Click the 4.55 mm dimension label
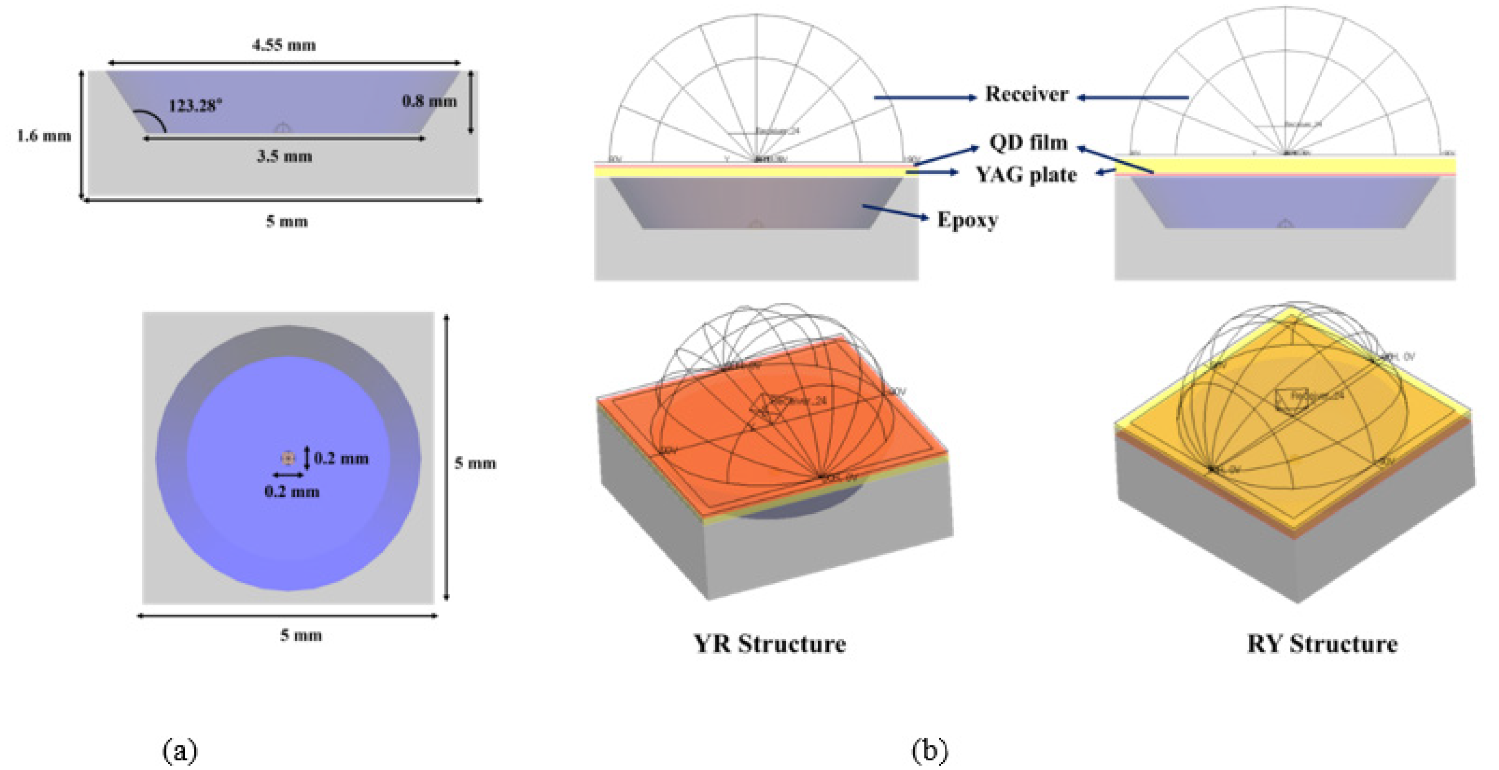[284, 45]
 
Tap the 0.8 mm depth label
[430, 101]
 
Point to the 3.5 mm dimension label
[285, 156]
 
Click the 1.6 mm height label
[44, 136]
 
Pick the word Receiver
[1026, 94]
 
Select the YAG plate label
[1026, 175]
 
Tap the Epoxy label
[968, 220]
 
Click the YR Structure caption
[769, 644]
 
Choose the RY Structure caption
[1322, 644]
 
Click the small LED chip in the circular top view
[288, 458]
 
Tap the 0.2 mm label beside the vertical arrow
[342, 459]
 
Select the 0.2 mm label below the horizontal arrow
[292, 492]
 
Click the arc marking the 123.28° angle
[153, 118]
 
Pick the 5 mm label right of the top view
[475, 463]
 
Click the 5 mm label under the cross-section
[287, 221]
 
